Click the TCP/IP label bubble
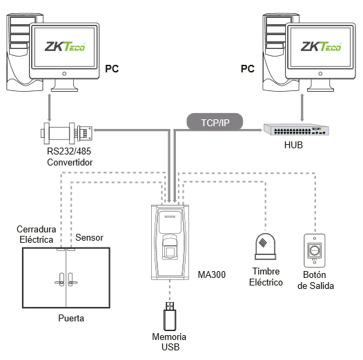[x=215, y=122]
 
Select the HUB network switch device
[x=296, y=130]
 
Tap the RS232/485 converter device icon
[x=66, y=132]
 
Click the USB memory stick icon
[x=170, y=316]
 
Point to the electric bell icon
[x=265, y=246]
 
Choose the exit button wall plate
[x=314, y=250]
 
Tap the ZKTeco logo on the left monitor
[x=65, y=46]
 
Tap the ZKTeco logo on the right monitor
[x=321, y=46]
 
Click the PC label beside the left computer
[x=112, y=69]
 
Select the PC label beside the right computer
[x=248, y=69]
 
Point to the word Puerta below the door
[x=71, y=318]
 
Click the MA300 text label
[x=212, y=274]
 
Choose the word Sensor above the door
[x=89, y=238]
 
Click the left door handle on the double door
[x=60, y=280]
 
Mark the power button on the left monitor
[x=64, y=74]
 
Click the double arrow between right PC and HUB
[x=302, y=108]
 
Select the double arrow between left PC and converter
[x=49, y=108]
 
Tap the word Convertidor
[x=70, y=162]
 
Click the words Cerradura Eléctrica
[x=37, y=234]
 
